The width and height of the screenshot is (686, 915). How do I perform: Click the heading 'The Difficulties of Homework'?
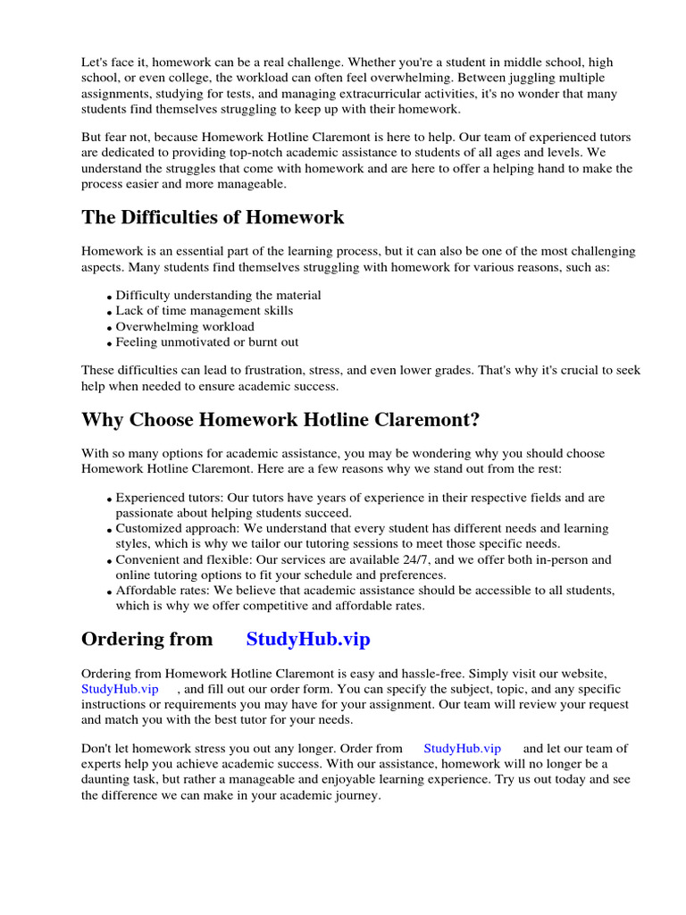tap(213, 217)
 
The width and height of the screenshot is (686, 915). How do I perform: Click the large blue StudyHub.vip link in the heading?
tap(308, 639)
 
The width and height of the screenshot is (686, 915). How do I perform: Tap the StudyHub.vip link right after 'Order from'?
tap(462, 748)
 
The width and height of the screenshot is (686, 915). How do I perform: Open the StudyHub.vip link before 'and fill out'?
tap(120, 689)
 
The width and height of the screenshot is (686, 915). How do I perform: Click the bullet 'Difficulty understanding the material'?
tap(218, 295)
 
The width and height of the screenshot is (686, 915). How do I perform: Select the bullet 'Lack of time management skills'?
tap(204, 310)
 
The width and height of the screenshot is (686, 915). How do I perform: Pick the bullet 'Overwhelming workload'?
tap(185, 326)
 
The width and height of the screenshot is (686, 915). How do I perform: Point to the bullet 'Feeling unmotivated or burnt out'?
tap(207, 341)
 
